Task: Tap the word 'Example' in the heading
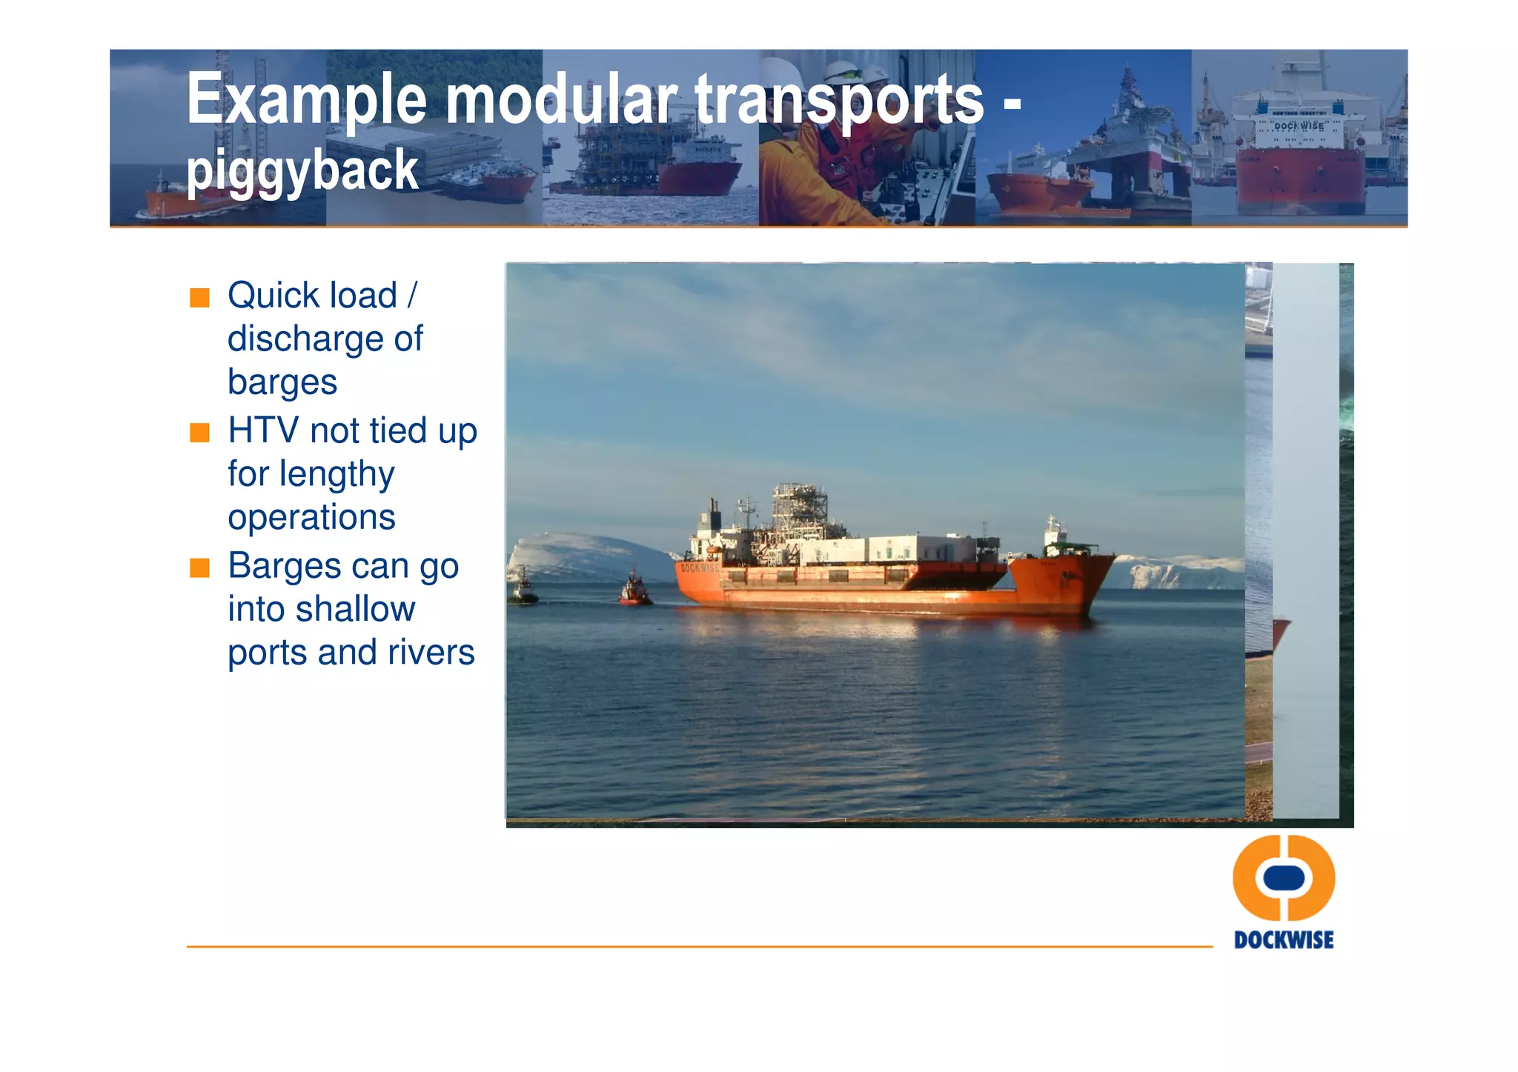pos(306,99)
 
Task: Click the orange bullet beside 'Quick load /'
pos(199,298)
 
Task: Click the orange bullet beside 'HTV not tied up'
pos(199,433)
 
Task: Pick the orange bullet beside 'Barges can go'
pos(199,568)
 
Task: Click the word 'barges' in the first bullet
pos(282,382)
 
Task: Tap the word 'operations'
pos(311,517)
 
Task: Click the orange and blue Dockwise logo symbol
pos(1283,878)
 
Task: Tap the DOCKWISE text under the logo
pos(1283,940)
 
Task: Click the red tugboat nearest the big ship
pos(634,590)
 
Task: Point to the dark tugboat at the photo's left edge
pos(523,589)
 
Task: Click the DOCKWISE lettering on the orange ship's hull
pos(698,568)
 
